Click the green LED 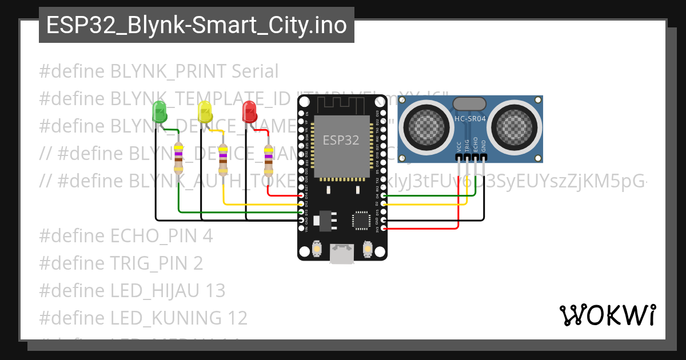pos(159,111)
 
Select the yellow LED pos(205,111)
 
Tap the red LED pos(250,111)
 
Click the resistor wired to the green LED pos(178,158)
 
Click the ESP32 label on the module pos(341,140)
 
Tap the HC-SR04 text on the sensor pos(470,119)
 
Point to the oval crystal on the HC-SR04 pos(470,103)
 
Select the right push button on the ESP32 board pos(367,250)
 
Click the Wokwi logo pos(607,315)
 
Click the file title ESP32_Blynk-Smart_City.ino pos(196,25)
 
